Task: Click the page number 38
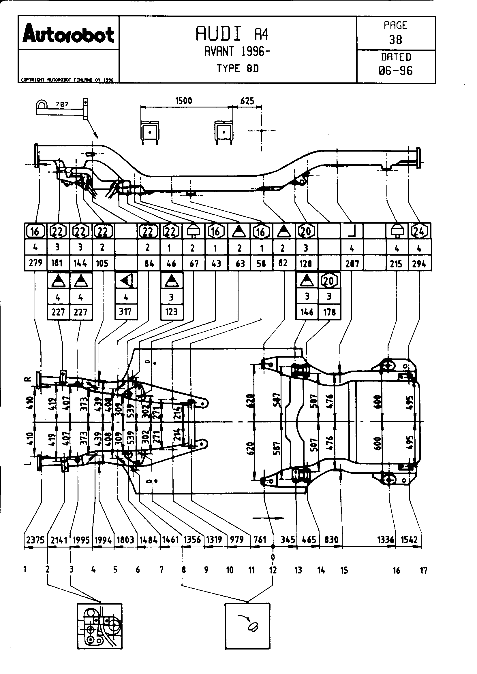coord(395,40)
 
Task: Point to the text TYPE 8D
coord(238,68)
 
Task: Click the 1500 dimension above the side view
coord(184,101)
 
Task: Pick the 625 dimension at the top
coord(247,101)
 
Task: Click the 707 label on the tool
coord(62,104)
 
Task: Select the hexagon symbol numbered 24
coord(419,231)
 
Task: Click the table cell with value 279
coord(35,263)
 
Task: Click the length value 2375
coord(35,540)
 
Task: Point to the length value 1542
coord(409,540)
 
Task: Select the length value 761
coord(260,540)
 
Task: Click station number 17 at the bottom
coord(423,570)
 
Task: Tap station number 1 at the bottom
coord(25,570)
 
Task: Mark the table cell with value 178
coord(329,312)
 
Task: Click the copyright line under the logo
coord(67,80)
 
